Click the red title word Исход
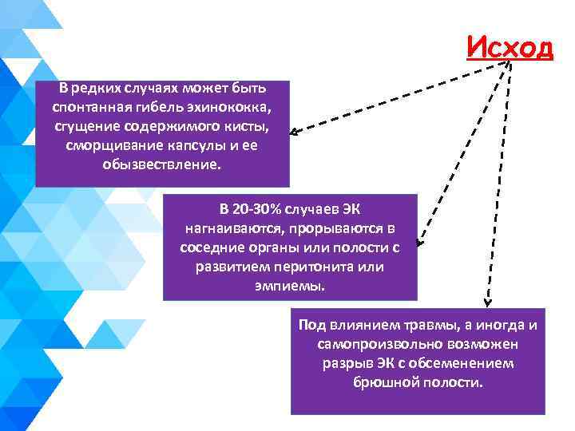[x=510, y=49]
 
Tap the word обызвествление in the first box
[x=165, y=164]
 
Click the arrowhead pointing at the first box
[x=295, y=133]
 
